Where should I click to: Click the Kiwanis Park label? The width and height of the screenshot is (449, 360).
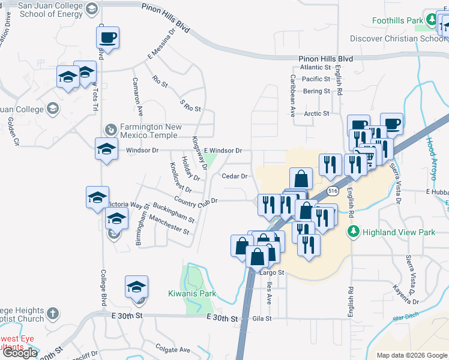[191, 294]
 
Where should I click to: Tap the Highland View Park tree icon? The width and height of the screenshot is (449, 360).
[354, 231]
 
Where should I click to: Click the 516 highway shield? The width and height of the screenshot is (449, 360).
[332, 190]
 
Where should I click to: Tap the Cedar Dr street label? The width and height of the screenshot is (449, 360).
[235, 176]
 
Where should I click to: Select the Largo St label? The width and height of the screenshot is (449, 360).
[271, 272]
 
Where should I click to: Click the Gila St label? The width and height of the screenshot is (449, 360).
[262, 319]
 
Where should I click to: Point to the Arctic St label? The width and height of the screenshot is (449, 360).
[317, 113]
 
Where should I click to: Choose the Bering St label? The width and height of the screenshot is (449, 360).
[316, 91]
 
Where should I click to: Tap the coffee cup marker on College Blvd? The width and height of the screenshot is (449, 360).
[107, 38]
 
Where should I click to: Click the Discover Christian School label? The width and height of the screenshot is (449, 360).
[399, 38]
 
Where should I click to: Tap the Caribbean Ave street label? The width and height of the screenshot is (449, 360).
[292, 95]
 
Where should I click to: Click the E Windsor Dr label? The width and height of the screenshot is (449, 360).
[223, 150]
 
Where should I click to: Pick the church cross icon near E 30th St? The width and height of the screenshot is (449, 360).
[53, 313]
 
